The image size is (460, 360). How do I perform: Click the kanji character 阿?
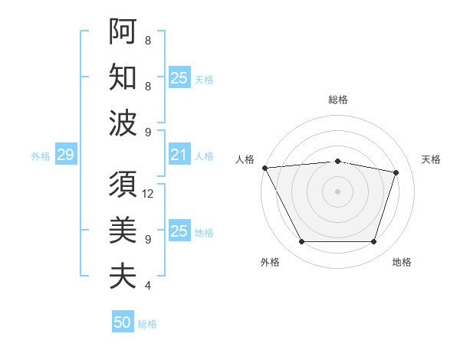(123, 31)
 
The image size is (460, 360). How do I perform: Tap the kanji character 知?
(123, 77)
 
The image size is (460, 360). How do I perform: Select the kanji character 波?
(123, 123)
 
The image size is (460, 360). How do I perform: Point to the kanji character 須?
(123, 184)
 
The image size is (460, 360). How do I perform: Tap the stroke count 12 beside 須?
(149, 193)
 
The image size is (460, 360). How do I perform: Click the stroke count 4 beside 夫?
(148, 286)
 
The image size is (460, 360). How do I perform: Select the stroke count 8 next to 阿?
(148, 41)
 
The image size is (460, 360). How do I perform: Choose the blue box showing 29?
(65, 155)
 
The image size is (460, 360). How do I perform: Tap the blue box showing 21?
(179, 155)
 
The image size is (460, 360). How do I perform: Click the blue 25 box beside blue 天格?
(179, 78)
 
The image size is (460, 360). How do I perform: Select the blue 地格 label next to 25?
(204, 233)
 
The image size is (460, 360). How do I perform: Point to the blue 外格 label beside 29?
(41, 156)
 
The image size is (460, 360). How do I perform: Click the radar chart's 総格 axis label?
(338, 100)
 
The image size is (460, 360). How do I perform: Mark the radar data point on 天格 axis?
(396, 172)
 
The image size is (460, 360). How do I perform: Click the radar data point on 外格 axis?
(301, 242)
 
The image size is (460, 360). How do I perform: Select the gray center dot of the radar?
(338, 191)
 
